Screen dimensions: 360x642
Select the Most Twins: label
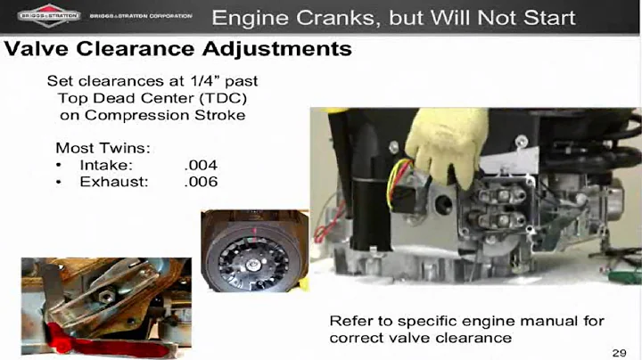point(99,147)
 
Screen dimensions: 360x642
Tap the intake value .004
point(201,165)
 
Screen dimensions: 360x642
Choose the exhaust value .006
point(201,182)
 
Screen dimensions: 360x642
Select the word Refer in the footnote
point(350,320)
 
